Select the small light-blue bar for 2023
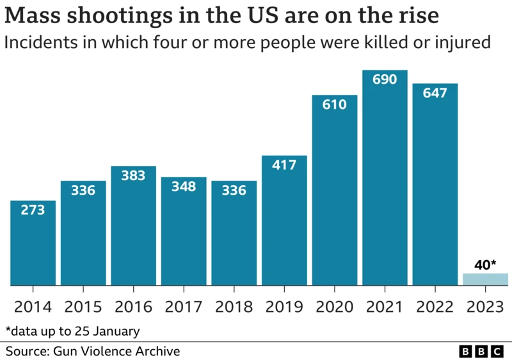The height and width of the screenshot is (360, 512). point(485,279)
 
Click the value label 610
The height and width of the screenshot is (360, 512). point(335,104)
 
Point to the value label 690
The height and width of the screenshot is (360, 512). point(385,79)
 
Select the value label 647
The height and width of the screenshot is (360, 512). point(435,93)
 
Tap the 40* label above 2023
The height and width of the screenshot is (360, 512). point(485,263)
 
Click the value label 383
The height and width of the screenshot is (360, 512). point(134,176)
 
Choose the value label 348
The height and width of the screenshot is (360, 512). point(184,186)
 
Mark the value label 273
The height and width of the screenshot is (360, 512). point(33,209)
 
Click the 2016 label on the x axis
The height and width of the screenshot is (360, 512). point(134,306)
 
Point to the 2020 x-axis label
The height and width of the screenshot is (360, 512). point(335,306)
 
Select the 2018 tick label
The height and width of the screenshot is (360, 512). point(234,306)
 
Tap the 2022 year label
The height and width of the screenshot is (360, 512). point(435,306)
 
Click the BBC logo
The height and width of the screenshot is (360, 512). point(482,352)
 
